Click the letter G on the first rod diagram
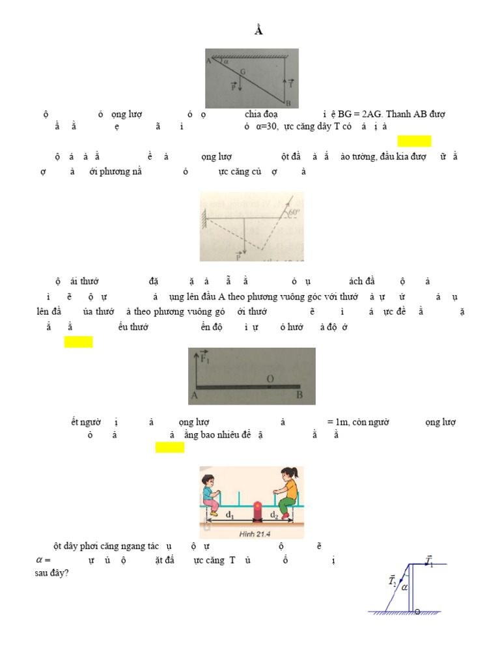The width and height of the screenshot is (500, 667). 242,71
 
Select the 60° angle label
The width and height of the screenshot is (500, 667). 293,212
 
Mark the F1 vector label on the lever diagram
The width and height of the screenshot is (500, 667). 205,357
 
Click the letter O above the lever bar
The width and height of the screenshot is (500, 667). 270,378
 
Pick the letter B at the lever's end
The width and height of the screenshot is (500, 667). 299,395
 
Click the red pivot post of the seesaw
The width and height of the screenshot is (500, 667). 257,513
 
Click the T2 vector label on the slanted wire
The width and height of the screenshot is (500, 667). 392,579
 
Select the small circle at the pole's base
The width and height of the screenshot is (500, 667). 417,611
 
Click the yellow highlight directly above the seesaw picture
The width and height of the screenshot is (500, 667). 170,447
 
